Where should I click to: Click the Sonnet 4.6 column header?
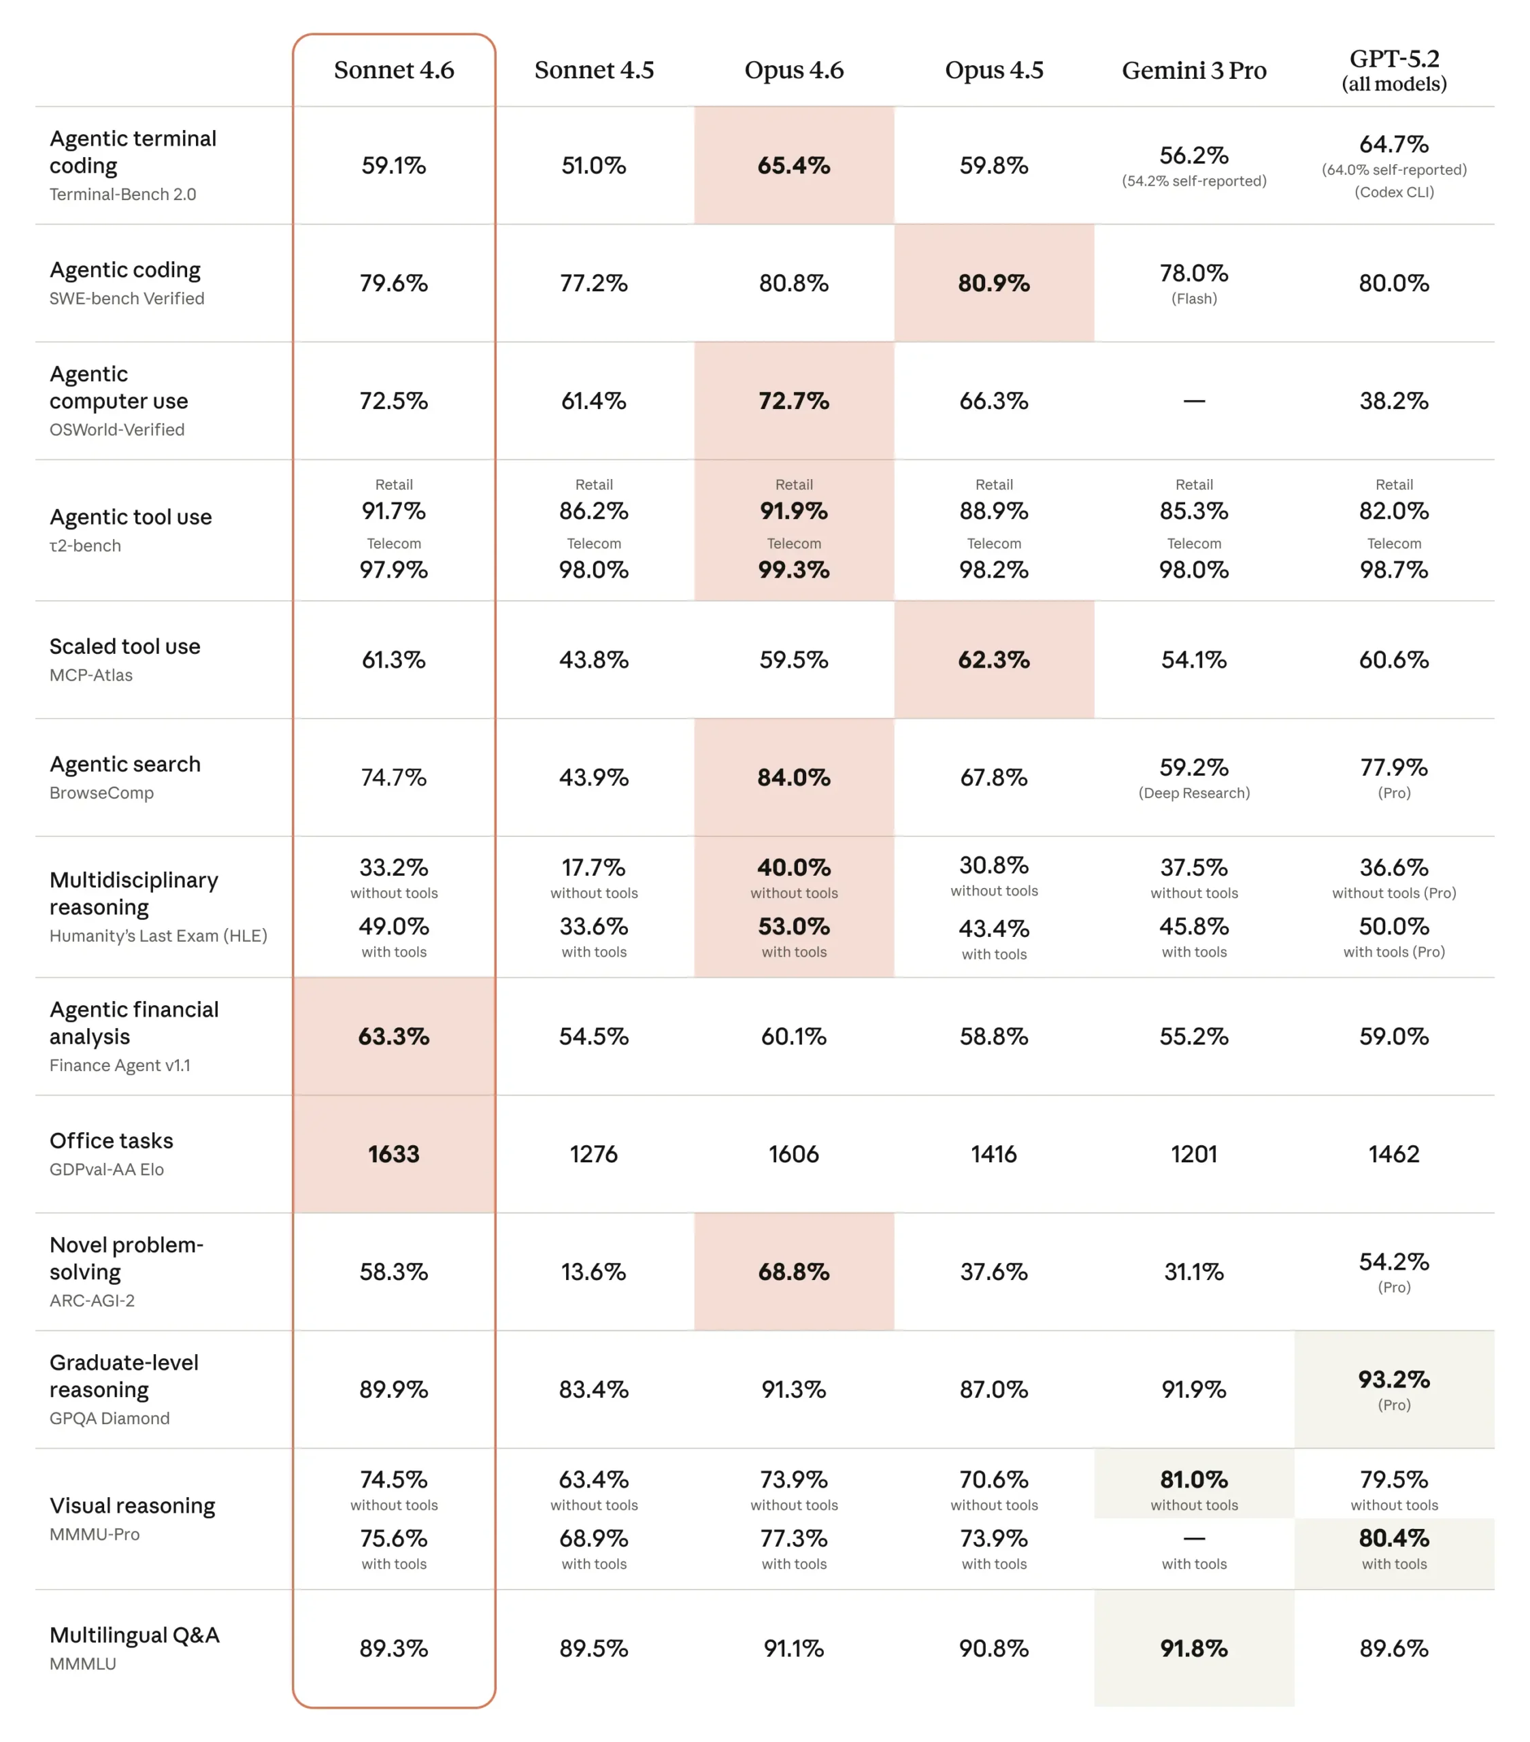click(x=394, y=70)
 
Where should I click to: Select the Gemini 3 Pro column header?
click(x=1193, y=71)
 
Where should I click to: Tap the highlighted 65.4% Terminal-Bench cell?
click(x=793, y=165)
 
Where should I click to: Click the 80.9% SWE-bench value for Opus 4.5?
click(x=993, y=283)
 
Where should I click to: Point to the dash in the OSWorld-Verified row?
click(x=1193, y=401)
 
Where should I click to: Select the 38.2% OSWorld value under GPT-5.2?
click(x=1394, y=401)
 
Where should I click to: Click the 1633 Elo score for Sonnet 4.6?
click(x=394, y=1154)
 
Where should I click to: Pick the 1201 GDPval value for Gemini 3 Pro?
click(x=1193, y=1154)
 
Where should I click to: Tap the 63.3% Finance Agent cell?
click(x=394, y=1036)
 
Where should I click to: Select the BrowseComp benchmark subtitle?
click(x=101, y=793)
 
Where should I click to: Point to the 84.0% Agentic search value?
click(x=793, y=777)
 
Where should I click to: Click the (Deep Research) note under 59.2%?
click(x=1193, y=793)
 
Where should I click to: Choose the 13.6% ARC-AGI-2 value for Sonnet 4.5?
click(x=593, y=1272)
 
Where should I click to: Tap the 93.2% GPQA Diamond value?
click(x=1394, y=1379)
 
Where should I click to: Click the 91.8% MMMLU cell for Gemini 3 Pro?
click(x=1193, y=1648)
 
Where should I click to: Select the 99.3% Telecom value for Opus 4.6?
click(x=793, y=570)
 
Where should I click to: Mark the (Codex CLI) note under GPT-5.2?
click(x=1394, y=193)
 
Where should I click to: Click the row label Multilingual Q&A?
click(x=135, y=1634)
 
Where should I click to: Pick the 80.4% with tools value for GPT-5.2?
click(x=1394, y=1539)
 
